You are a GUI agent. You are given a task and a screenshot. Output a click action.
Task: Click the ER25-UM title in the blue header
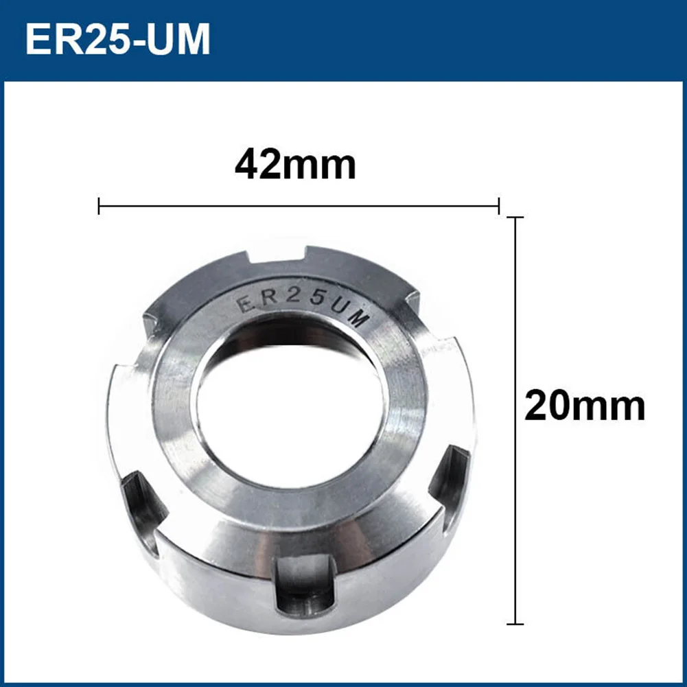(117, 40)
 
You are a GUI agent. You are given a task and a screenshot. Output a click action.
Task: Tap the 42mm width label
(295, 165)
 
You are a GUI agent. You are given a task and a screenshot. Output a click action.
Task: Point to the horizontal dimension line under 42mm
(299, 205)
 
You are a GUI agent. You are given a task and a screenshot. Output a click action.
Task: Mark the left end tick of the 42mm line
(100, 205)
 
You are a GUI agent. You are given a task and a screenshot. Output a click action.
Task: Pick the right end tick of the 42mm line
(498, 205)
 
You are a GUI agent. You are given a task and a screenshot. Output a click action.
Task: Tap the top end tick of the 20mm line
(515, 218)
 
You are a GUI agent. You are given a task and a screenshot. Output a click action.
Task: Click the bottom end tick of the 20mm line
(515, 624)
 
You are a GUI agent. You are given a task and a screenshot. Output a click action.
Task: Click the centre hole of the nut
(288, 405)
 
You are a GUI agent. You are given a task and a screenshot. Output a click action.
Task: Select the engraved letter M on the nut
(360, 318)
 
